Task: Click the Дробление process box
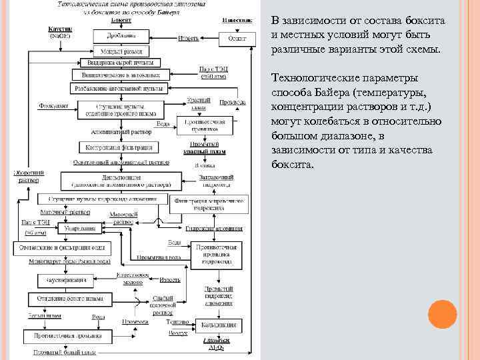pyautogui.click(x=120, y=35)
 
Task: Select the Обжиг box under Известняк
pyautogui.click(x=237, y=39)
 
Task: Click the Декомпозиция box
pyautogui.click(x=121, y=179)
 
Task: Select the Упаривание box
pyautogui.click(x=80, y=229)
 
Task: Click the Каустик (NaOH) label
pyautogui.click(x=61, y=32)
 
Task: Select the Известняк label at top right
pyautogui.click(x=237, y=20)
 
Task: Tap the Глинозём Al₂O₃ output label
pyautogui.click(x=217, y=345)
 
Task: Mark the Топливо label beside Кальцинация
pyautogui.click(x=179, y=321)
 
